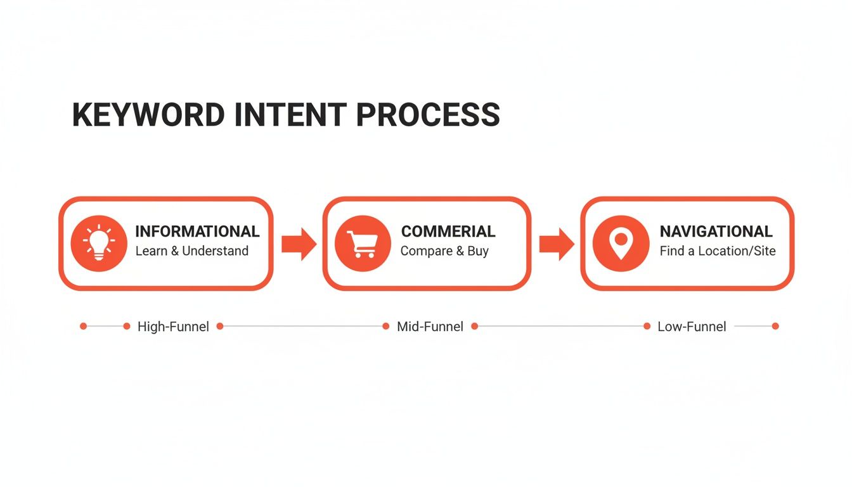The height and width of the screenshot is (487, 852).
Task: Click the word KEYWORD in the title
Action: click(148, 115)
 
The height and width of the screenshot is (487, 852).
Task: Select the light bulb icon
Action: click(99, 243)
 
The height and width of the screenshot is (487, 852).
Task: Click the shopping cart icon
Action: click(363, 243)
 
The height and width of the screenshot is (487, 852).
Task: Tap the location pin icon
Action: click(621, 243)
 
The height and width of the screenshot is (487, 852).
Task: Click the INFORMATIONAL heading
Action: click(197, 231)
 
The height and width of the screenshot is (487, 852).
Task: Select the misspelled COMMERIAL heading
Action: click(448, 231)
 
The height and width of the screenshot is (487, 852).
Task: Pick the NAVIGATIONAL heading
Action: click(716, 231)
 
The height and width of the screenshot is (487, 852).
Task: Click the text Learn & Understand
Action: click(191, 251)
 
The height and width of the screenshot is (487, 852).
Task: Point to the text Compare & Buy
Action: click(444, 251)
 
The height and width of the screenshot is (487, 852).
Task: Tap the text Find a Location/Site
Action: click(717, 251)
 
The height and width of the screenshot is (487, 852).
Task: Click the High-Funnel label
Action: click(173, 327)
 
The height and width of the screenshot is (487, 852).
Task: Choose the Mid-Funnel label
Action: click(430, 327)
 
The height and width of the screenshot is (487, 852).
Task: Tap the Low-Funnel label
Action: click(692, 327)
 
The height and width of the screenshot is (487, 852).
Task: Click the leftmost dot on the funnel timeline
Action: click(83, 327)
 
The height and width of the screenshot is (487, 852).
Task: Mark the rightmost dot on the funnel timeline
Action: click(775, 327)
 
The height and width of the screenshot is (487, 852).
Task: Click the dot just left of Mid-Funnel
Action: click(385, 327)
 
